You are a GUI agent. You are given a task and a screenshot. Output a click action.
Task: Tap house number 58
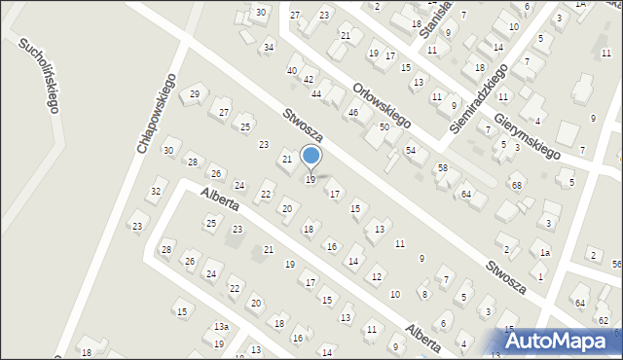click(x=442, y=168)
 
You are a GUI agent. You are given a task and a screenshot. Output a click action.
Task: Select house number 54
click(x=411, y=150)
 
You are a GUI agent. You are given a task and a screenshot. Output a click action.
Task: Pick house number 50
click(x=385, y=127)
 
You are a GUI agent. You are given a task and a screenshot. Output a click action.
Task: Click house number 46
click(x=353, y=113)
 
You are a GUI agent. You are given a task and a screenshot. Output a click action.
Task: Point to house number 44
click(x=316, y=93)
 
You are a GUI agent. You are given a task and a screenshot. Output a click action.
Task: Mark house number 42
click(x=309, y=79)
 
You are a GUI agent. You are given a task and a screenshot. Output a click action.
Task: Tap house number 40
click(x=291, y=71)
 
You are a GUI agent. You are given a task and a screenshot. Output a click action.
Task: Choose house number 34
click(x=269, y=47)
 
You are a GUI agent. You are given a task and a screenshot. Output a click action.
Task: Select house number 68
click(x=517, y=185)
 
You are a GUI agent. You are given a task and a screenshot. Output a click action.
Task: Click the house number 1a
click(x=545, y=253)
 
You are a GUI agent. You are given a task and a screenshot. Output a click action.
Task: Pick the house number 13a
click(x=222, y=327)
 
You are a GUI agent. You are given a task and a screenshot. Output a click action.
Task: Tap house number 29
click(x=195, y=93)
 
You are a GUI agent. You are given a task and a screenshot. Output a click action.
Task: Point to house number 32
click(x=156, y=191)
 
